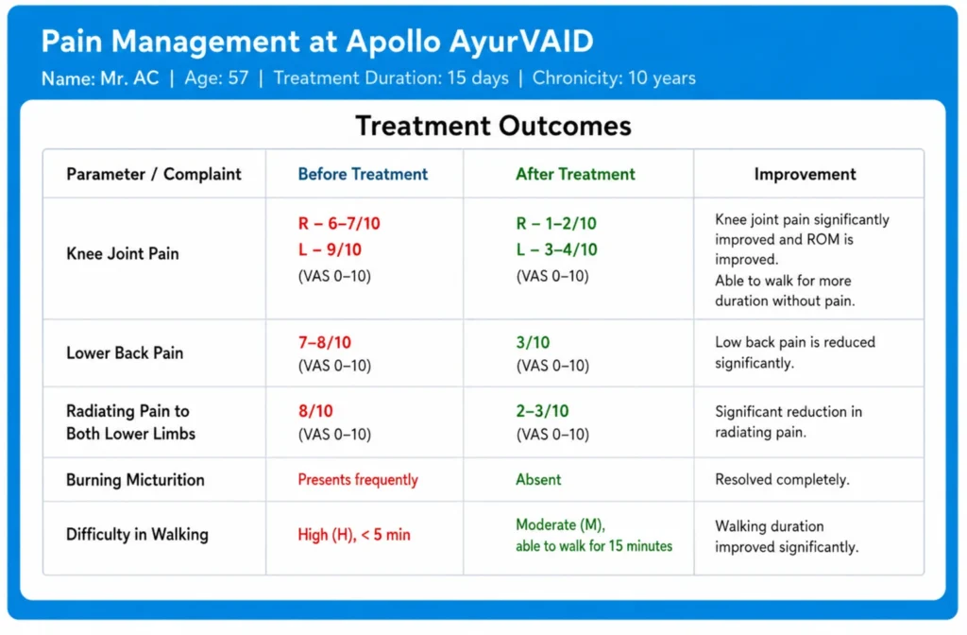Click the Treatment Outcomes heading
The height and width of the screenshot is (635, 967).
click(493, 126)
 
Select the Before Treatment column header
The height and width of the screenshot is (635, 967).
click(363, 174)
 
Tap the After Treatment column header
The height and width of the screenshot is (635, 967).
click(575, 174)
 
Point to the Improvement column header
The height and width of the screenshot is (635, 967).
click(805, 175)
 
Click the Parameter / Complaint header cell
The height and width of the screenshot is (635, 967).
click(154, 175)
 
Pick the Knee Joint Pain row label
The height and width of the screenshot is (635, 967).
click(123, 253)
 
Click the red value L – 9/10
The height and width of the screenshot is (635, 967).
click(330, 249)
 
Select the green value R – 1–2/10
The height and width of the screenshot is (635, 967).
click(556, 223)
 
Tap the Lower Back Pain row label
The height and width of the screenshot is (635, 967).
click(125, 353)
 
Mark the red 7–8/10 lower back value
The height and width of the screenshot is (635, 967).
click(325, 342)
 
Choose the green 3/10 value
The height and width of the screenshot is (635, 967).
click(533, 342)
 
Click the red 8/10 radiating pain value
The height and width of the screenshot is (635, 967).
click(315, 411)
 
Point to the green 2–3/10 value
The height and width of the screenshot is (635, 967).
click(542, 411)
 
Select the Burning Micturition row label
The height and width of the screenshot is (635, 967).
click(135, 480)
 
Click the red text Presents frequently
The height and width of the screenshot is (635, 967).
click(358, 480)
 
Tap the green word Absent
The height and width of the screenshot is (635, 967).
click(538, 480)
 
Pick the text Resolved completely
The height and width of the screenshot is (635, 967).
click(782, 480)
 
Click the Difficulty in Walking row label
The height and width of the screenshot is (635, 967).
click(137, 535)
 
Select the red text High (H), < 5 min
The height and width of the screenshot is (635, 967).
click(354, 535)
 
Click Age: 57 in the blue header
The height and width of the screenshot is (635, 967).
click(216, 78)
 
